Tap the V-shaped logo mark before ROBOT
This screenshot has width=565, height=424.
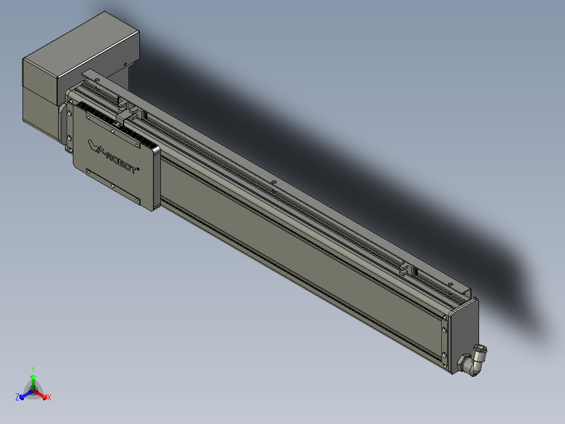94,145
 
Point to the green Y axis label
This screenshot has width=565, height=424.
32,369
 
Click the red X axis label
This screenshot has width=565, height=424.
49,398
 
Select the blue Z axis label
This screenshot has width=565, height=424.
17,398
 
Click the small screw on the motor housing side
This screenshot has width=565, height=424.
126,65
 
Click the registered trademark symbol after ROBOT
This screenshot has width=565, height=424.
137,169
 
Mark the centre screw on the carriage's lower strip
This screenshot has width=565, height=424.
113,185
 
